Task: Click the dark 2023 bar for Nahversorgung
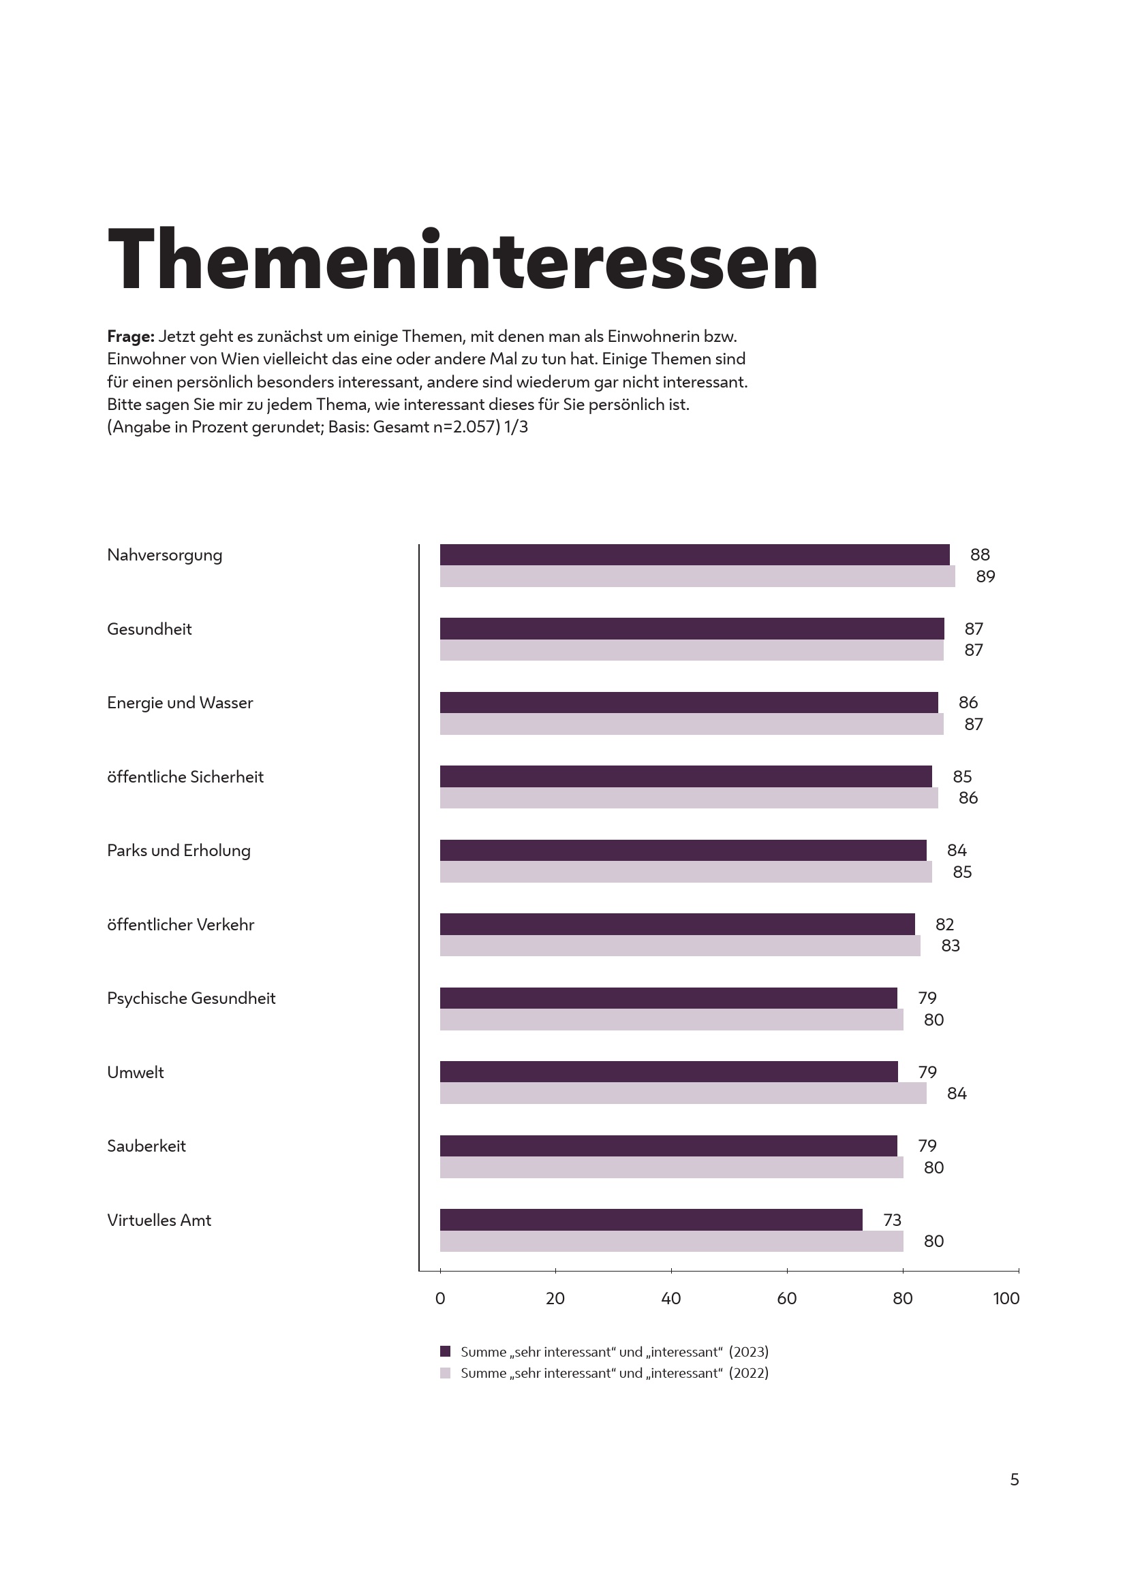point(694,554)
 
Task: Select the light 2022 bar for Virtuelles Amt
point(671,1242)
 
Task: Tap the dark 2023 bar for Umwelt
point(668,1071)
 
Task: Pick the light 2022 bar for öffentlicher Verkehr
point(679,946)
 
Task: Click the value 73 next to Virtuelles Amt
point(892,1220)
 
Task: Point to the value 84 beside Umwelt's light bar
point(956,1094)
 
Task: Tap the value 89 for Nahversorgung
point(985,577)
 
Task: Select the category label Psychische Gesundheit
point(191,998)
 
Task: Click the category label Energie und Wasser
point(180,703)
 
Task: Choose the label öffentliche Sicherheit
point(185,777)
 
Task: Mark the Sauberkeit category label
point(146,1146)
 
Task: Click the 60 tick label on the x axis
point(786,1299)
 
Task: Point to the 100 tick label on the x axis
point(1006,1299)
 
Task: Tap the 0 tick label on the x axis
point(440,1299)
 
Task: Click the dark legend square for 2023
point(446,1351)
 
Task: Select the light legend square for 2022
point(446,1373)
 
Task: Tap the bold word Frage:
point(130,336)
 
